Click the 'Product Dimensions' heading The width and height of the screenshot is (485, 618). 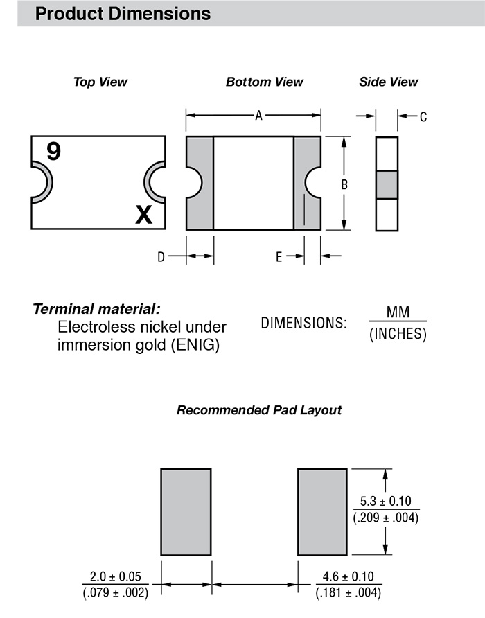pyautogui.click(x=123, y=13)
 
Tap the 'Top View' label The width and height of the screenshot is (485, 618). pyautogui.click(x=100, y=82)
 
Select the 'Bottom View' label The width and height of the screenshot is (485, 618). pyautogui.click(x=264, y=82)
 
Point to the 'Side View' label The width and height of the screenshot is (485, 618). pyautogui.click(x=388, y=82)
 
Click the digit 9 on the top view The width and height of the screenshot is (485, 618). pyautogui.click(x=53, y=151)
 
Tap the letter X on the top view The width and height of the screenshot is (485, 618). pyautogui.click(x=143, y=215)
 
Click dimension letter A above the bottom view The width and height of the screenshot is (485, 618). pyautogui.click(x=258, y=116)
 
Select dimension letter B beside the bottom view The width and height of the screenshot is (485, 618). pyautogui.click(x=344, y=185)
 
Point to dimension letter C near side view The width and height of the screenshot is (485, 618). pyautogui.click(x=423, y=117)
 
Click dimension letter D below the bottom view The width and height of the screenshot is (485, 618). pyautogui.click(x=161, y=257)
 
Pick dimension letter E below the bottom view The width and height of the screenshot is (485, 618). pyautogui.click(x=279, y=257)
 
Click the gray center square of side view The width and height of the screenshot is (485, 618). pyautogui.click(x=387, y=185)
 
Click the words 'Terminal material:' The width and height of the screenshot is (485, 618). pyautogui.click(x=96, y=309)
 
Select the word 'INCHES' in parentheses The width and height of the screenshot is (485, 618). pyautogui.click(x=398, y=335)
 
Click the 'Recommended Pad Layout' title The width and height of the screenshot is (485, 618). pyautogui.click(x=259, y=410)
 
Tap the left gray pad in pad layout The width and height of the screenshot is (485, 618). pyautogui.click(x=186, y=512)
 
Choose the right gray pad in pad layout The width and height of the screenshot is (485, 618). pyautogui.click(x=322, y=512)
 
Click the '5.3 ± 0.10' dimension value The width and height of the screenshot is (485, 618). pyautogui.click(x=386, y=502)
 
